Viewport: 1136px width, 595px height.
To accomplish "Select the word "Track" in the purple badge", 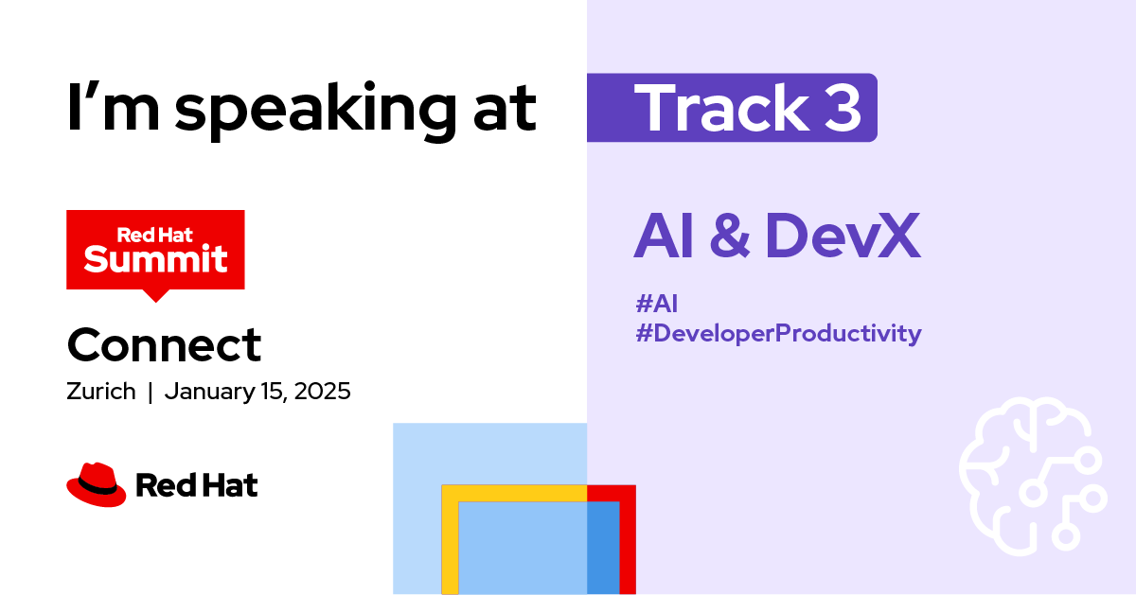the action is (721, 108).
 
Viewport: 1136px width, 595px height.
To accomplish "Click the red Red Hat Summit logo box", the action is (155, 250).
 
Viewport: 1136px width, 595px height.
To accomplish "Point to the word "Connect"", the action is (164, 344).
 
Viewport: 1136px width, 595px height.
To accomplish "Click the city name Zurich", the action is (101, 392).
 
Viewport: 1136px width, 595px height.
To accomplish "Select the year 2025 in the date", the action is (322, 392).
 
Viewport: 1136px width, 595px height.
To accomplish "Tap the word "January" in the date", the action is (209, 393).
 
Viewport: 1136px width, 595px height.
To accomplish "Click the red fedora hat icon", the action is (97, 484).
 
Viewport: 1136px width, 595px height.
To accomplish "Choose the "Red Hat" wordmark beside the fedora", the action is (197, 485).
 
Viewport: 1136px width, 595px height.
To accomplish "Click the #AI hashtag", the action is (656, 304).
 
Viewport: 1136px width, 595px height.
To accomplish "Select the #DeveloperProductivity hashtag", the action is (778, 334).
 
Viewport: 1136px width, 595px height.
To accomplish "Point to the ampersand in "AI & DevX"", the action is (729, 236).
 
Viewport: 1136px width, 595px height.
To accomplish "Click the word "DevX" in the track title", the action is (843, 236).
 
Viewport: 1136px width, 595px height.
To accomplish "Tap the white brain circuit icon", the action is (1034, 476).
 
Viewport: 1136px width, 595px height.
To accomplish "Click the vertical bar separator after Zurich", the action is (151, 393).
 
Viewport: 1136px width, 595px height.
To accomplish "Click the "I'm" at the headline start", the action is (114, 107).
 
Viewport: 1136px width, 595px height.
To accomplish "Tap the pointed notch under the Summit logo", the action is (155, 296).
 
